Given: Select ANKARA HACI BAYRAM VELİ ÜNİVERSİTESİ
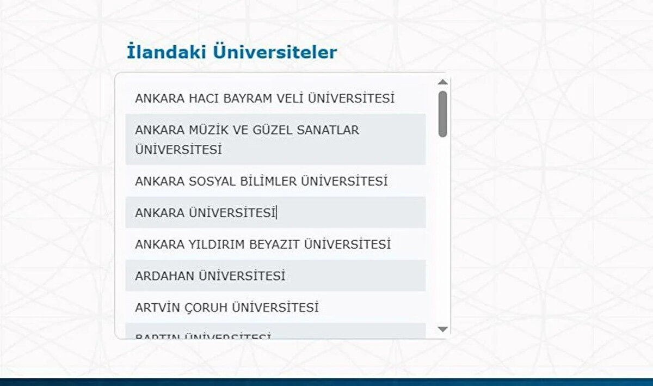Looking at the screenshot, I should point(264,99).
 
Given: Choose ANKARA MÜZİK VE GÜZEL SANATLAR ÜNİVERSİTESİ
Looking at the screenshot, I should point(247,140).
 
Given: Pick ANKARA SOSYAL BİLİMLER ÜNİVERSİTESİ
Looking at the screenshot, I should point(261,181).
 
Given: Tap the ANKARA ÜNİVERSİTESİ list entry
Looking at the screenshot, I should point(206,213).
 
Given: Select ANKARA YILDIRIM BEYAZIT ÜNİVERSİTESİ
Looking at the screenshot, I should point(263,244).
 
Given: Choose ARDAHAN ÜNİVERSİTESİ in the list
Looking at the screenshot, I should point(210,276).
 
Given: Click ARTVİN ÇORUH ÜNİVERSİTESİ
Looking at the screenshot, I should point(226,308).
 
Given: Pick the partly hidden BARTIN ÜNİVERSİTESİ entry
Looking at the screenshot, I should point(203,334).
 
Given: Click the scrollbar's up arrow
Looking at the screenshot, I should point(442,82).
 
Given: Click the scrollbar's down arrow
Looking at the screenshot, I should point(442,329).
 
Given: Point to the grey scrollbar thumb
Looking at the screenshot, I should point(442,113).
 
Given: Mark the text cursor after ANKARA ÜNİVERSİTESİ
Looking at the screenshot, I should point(277,213).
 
